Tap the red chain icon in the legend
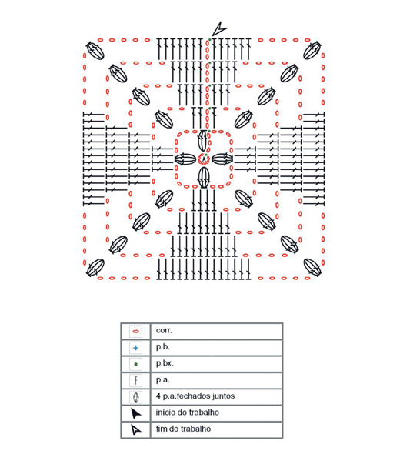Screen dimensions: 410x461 136,332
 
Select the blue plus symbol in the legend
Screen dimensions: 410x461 136,348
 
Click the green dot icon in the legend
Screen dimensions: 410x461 136,364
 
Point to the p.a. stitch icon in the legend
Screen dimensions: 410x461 136,380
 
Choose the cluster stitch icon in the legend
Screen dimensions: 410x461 136,397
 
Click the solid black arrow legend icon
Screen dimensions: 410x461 136,413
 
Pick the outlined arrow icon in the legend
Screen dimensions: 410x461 136,429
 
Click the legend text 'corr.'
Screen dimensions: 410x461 164,330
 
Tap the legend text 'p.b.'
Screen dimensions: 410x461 163,347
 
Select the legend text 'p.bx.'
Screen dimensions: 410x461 165,364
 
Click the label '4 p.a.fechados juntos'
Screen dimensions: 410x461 195,396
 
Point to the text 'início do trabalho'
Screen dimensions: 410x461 188,413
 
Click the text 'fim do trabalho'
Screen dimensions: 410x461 183,429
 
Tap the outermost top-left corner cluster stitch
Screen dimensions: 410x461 95,51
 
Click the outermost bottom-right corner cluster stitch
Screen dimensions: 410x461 312,267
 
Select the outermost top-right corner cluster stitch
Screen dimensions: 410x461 312,51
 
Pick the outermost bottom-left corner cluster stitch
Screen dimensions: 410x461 95,268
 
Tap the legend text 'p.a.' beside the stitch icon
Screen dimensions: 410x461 163,380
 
